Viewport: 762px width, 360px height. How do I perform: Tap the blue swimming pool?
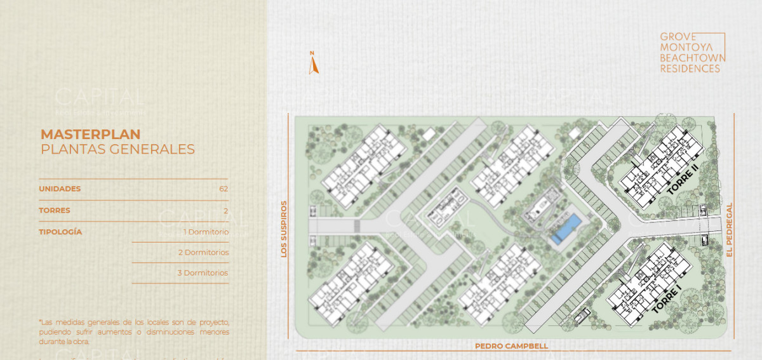566,229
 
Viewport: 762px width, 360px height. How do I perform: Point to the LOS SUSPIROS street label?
284,229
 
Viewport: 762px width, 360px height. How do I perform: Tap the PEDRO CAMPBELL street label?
511,346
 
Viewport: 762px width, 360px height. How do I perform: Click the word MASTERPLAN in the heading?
90,134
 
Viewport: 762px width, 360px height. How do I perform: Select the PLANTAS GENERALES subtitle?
117,150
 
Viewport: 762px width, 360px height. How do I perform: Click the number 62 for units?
223,189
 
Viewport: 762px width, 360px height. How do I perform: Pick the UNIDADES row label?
60,189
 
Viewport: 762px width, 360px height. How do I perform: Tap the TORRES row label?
55,210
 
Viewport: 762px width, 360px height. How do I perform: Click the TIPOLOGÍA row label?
60,232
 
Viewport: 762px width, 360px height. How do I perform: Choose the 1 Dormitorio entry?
206,232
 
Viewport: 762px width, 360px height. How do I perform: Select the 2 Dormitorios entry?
203,252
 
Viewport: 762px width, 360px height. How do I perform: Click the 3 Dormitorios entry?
203,273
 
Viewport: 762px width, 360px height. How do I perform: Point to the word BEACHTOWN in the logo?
692,58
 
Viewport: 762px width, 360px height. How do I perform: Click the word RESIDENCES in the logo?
690,69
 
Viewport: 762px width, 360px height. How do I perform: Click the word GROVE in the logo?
678,37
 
